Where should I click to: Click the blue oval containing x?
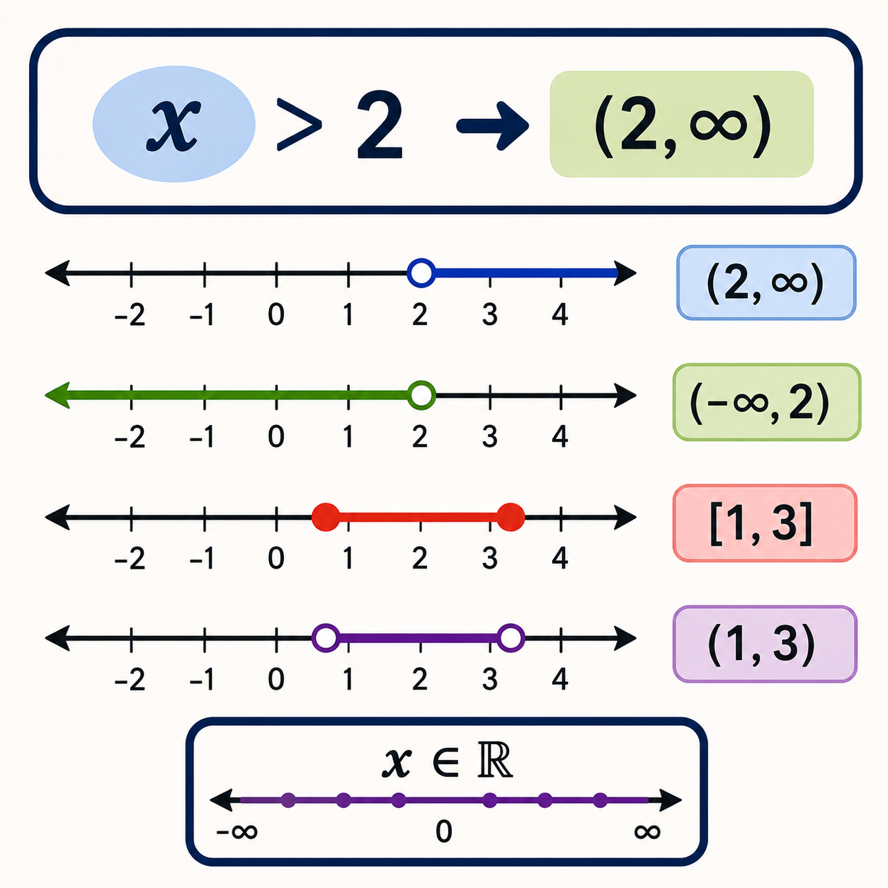click(x=173, y=124)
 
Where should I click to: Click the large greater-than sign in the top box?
click(x=299, y=125)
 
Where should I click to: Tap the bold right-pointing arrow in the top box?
click(x=492, y=125)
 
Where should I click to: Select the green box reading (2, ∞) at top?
click(x=681, y=124)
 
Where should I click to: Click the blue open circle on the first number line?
click(x=421, y=273)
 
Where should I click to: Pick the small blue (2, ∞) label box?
click(x=766, y=283)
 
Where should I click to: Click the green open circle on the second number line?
click(x=421, y=395)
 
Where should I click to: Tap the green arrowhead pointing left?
click(x=57, y=395)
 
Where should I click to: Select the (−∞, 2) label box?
click(x=766, y=402)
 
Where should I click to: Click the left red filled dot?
click(x=326, y=517)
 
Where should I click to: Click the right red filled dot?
click(x=511, y=517)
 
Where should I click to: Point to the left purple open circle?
click(x=326, y=638)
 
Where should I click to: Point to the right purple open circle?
click(x=511, y=638)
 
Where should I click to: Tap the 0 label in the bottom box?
click(x=444, y=831)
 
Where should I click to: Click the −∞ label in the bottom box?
click(x=237, y=832)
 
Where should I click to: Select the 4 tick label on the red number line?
click(x=560, y=558)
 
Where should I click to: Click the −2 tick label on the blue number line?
click(x=130, y=315)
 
